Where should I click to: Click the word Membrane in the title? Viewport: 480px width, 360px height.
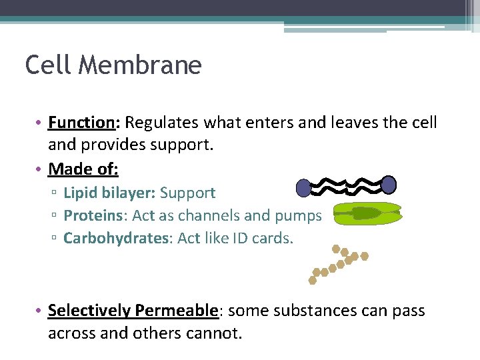click(x=139, y=65)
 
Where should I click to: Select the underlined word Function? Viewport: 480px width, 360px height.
click(x=82, y=123)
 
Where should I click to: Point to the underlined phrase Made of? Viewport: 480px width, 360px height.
click(x=83, y=169)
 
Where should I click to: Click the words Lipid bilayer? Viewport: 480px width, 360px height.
click(x=109, y=193)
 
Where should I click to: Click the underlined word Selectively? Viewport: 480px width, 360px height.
click(x=89, y=311)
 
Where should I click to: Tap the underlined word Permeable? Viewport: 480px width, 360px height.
click(x=176, y=311)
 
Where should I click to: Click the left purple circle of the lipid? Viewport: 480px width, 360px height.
click(x=303, y=188)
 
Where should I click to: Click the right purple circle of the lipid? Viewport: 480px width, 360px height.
click(x=389, y=185)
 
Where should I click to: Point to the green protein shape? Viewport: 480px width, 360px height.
click(x=367, y=213)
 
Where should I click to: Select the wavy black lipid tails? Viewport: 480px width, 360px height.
click(x=345, y=185)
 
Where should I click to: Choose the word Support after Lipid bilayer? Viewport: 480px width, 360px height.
click(x=187, y=193)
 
